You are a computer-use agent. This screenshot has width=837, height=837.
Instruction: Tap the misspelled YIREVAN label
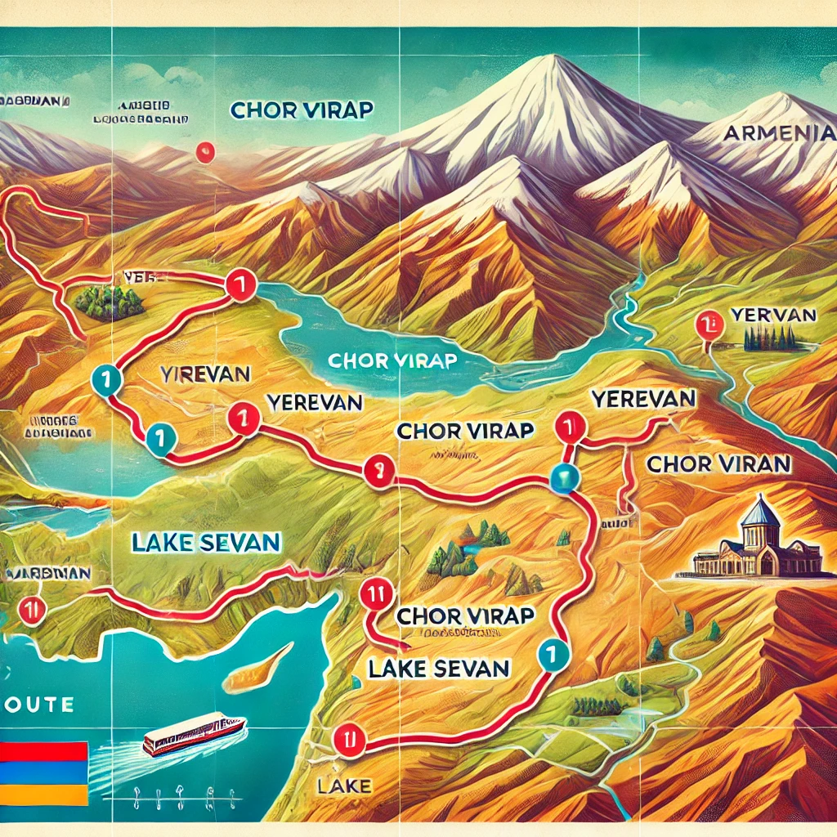205,374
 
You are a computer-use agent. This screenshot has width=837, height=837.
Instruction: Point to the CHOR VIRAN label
718,464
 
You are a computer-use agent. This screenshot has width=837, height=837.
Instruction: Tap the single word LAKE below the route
338,786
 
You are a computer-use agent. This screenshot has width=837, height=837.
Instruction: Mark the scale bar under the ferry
176,794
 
